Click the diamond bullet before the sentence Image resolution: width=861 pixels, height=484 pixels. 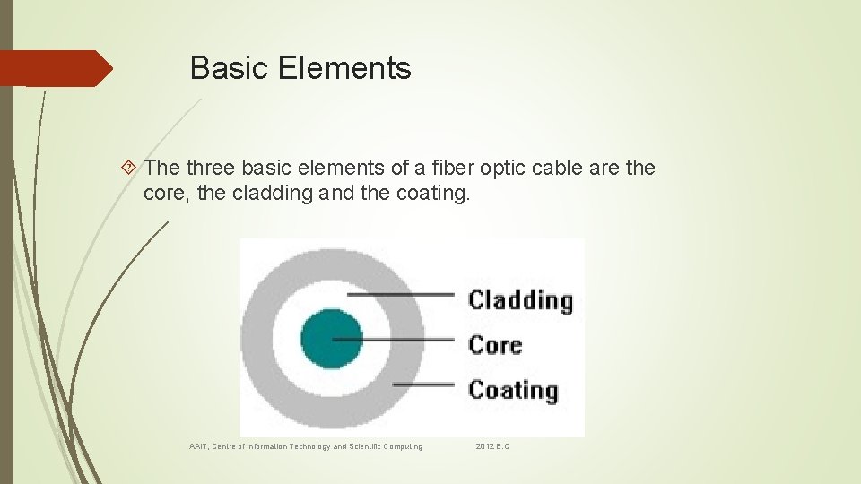[x=131, y=168]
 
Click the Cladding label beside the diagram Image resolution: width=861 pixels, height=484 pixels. [x=520, y=300]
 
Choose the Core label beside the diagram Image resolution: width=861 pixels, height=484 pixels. [x=495, y=344]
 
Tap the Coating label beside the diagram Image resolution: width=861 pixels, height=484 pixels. [x=513, y=390]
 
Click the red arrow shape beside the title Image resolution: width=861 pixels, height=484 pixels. [x=56, y=68]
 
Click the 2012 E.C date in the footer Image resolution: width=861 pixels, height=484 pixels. [x=492, y=446]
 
